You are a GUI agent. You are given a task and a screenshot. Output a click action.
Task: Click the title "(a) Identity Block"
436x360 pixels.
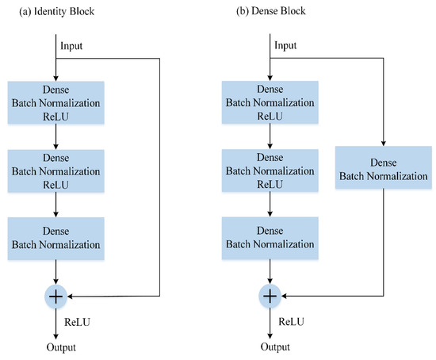pos(45,11)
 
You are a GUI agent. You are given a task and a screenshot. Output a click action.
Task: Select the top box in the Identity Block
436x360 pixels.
pos(57,101)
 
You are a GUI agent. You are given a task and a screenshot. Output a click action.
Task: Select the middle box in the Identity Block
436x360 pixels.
pos(57,170)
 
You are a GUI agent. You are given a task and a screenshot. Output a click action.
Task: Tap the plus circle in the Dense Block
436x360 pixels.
pos(270,296)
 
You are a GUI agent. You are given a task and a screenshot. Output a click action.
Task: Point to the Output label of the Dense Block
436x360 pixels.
pos(270,347)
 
